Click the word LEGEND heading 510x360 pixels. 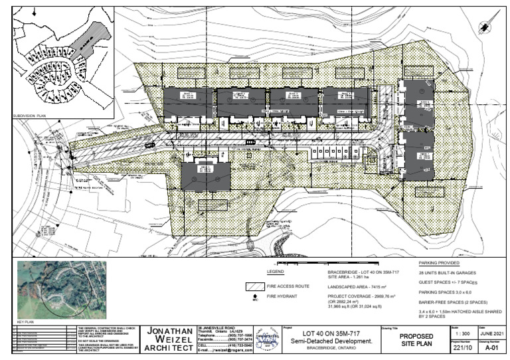(x=276, y=272)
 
